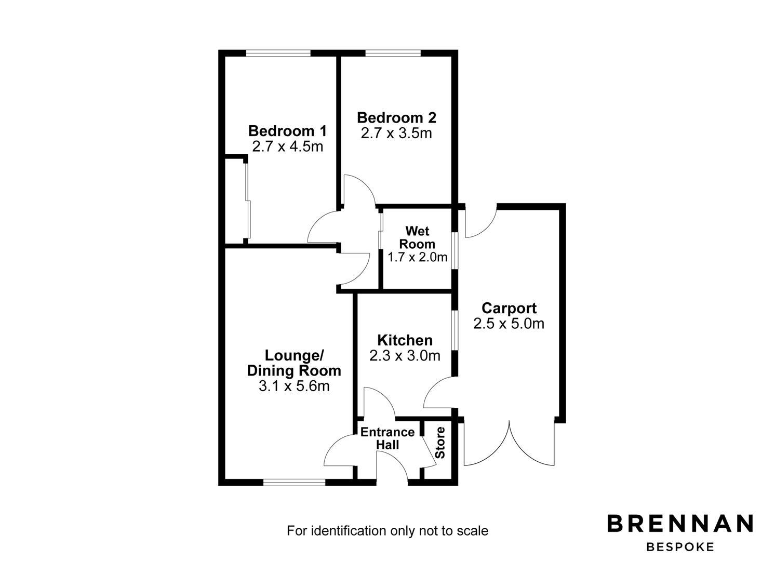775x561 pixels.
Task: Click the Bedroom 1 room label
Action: coord(288,131)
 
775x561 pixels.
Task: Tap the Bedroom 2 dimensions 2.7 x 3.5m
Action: coord(396,133)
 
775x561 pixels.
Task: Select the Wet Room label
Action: coord(417,237)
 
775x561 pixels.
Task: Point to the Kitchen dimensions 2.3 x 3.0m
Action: coord(405,355)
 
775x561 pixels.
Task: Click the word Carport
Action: coord(509,309)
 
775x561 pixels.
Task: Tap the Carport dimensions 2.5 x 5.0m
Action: coord(509,324)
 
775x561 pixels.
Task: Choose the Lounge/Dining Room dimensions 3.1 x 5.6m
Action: coord(294,386)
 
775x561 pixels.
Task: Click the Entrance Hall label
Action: coord(387,438)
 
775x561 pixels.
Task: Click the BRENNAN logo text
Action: coord(680,524)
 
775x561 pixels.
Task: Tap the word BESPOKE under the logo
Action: coord(680,547)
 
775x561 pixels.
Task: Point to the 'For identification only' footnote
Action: coord(387,531)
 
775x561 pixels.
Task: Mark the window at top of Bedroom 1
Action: coord(278,54)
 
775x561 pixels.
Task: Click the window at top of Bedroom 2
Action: coord(393,54)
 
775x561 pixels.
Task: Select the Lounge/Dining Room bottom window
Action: coord(294,483)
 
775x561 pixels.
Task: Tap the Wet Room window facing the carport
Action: coord(455,249)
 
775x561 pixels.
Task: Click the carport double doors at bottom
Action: coord(509,443)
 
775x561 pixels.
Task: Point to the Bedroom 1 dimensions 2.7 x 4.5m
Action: coord(288,146)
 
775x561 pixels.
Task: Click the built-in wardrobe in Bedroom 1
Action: coord(236,201)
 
